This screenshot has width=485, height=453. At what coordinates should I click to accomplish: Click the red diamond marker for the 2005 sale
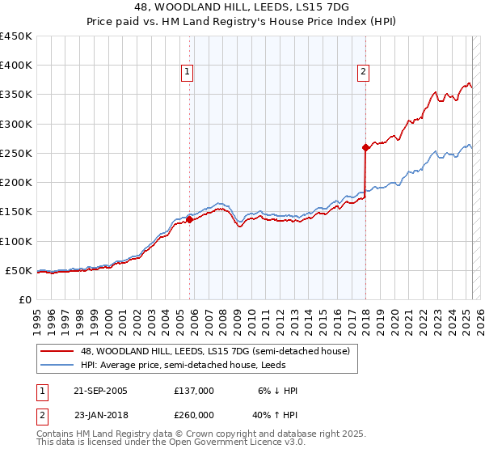click(189, 218)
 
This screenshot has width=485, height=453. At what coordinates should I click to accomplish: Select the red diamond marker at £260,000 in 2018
click(365, 147)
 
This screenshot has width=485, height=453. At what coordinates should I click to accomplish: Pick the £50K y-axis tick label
click(19, 270)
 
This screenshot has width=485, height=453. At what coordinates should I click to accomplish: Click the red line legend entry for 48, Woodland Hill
click(214, 351)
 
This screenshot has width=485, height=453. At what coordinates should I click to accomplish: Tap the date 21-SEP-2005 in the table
click(100, 391)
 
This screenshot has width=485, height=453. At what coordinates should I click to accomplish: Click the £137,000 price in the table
click(194, 391)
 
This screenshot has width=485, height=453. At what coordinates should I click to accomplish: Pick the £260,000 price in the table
click(194, 415)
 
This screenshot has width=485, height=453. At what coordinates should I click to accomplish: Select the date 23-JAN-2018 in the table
click(100, 415)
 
